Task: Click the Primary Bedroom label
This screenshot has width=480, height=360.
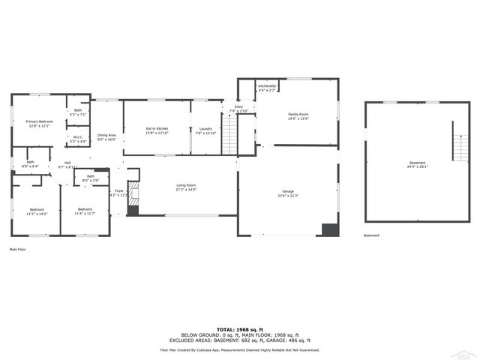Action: point(39,121)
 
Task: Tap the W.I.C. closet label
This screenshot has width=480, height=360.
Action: point(78,138)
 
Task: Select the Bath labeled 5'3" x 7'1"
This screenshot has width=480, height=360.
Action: point(78,112)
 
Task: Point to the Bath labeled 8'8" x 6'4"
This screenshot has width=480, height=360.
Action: point(30,163)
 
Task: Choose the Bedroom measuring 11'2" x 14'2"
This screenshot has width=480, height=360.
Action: point(37,211)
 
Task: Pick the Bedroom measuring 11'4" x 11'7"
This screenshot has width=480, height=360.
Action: point(84,211)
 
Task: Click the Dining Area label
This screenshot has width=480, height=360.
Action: point(106,136)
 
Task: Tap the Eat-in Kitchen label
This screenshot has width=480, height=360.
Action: point(157,130)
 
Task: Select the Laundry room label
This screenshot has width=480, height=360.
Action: point(205,130)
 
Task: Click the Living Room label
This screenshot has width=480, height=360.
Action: point(186,187)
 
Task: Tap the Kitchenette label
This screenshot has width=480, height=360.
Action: point(267,87)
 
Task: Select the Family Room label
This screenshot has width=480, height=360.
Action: point(298,116)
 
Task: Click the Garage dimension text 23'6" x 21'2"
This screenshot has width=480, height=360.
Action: point(288,196)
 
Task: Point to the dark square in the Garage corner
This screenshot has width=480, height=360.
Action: point(329,229)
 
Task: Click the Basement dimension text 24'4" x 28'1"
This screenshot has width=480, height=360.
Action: point(417,167)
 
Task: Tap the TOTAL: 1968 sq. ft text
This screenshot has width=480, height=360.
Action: point(240,329)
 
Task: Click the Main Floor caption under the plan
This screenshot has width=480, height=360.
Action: point(19,249)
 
